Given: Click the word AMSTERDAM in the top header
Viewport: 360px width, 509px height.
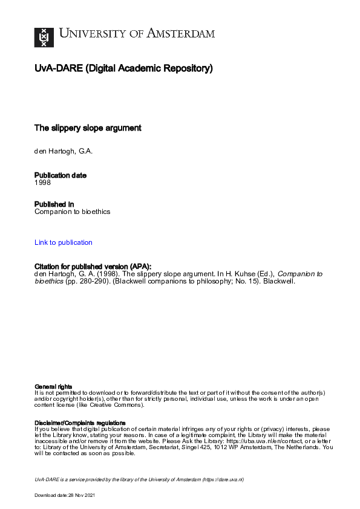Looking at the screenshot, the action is tap(182, 33).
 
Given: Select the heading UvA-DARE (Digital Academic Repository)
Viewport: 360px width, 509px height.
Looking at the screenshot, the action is tap(123, 68).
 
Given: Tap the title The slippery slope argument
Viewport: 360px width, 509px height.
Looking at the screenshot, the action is tap(88, 128).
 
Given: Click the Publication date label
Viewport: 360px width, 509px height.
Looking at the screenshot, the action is tap(61, 175).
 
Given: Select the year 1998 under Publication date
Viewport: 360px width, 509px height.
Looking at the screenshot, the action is tap(42, 182).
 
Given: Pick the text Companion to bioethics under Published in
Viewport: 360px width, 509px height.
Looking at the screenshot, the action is tap(73, 212).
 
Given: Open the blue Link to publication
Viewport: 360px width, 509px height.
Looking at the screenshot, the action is tap(64, 242).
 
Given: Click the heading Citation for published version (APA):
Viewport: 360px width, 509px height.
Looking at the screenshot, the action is tap(93, 267).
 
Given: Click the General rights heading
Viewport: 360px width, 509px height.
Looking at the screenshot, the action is tap(54, 386).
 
